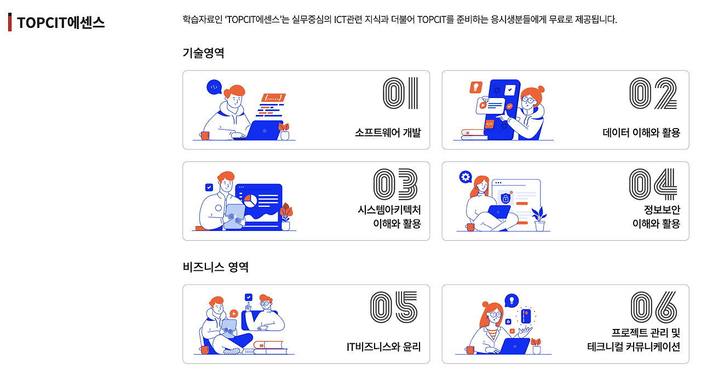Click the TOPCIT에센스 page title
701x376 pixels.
(x=60, y=23)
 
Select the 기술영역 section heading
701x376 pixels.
(x=203, y=53)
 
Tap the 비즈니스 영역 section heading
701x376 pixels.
(x=215, y=267)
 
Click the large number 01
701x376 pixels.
(x=400, y=94)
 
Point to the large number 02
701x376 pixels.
(x=653, y=94)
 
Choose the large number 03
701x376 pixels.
(x=395, y=183)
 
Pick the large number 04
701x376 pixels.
(x=653, y=183)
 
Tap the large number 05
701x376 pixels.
(x=394, y=306)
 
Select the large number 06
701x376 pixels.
(x=653, y=306)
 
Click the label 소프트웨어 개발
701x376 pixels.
(x=388, y=132)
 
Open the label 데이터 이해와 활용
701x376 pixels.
(x=641, y=132)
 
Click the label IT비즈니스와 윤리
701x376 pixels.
(x=383, y=346)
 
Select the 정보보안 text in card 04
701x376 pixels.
(x=662, y=210)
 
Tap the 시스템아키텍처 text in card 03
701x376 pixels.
(x=389, y=210)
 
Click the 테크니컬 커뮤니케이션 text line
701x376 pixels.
(x=633, y=346)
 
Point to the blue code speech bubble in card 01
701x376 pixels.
(x=214, y=86)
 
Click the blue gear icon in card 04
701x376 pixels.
(x=466, y=176)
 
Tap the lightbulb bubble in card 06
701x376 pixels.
(x=512, y=300)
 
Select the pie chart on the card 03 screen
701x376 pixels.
(x=251, y=200)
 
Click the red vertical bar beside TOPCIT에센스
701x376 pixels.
(x=10, y=22)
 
